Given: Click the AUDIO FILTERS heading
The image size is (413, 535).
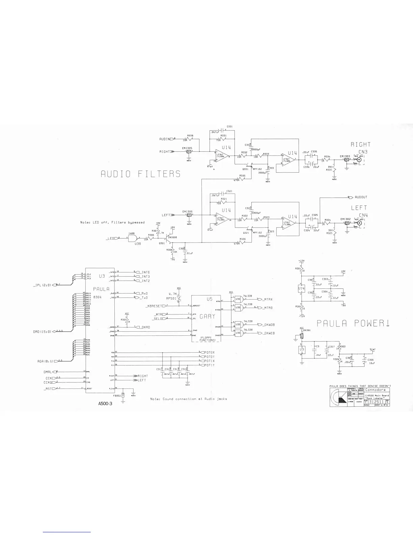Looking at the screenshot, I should click(141, 174).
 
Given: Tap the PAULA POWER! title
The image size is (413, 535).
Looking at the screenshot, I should click(353, 323).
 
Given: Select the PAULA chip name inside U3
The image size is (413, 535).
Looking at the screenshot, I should click(100, 289).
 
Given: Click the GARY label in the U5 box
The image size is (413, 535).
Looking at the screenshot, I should click(207, 317).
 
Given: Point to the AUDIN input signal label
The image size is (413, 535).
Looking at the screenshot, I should click(165, 139).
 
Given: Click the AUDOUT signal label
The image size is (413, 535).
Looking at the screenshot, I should click(361, 197).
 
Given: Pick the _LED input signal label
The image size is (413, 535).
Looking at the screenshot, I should click(110, 238).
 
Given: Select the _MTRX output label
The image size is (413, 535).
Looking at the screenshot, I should click(268, 299).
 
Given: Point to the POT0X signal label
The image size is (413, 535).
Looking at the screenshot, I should click(210, 352).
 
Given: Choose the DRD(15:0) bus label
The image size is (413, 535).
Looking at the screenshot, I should click(43, 331).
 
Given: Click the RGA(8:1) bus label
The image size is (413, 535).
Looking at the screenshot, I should click(45, 361).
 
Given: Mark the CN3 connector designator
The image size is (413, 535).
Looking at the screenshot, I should click(363, 152).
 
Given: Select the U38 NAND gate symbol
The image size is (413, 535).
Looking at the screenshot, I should click(133, 238).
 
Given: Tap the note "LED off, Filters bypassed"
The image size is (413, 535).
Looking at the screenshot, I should click(112, 223).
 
